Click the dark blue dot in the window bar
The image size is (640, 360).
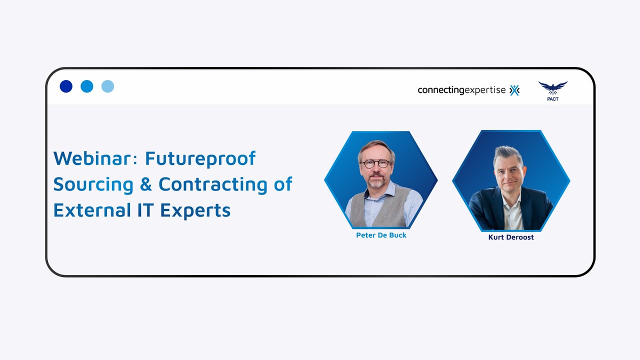(66, 86)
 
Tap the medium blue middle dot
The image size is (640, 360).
(87, 86)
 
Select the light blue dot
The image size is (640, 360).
(107, 86)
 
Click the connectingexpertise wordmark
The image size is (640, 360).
(461, 90)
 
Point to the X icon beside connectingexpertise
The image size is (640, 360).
(514, 90)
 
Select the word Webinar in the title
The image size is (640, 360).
(94, 158)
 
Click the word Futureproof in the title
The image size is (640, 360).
(200, 158)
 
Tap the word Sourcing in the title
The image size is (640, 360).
(93, 184)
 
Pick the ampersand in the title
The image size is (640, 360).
(146, 184)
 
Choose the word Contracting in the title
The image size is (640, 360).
(213, 184)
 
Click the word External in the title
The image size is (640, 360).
(92, 210)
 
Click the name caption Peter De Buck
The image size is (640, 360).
(381, 235)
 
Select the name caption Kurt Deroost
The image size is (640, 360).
(511, 237)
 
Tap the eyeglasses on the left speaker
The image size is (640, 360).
(376, 163)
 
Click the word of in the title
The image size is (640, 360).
(282, 184)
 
